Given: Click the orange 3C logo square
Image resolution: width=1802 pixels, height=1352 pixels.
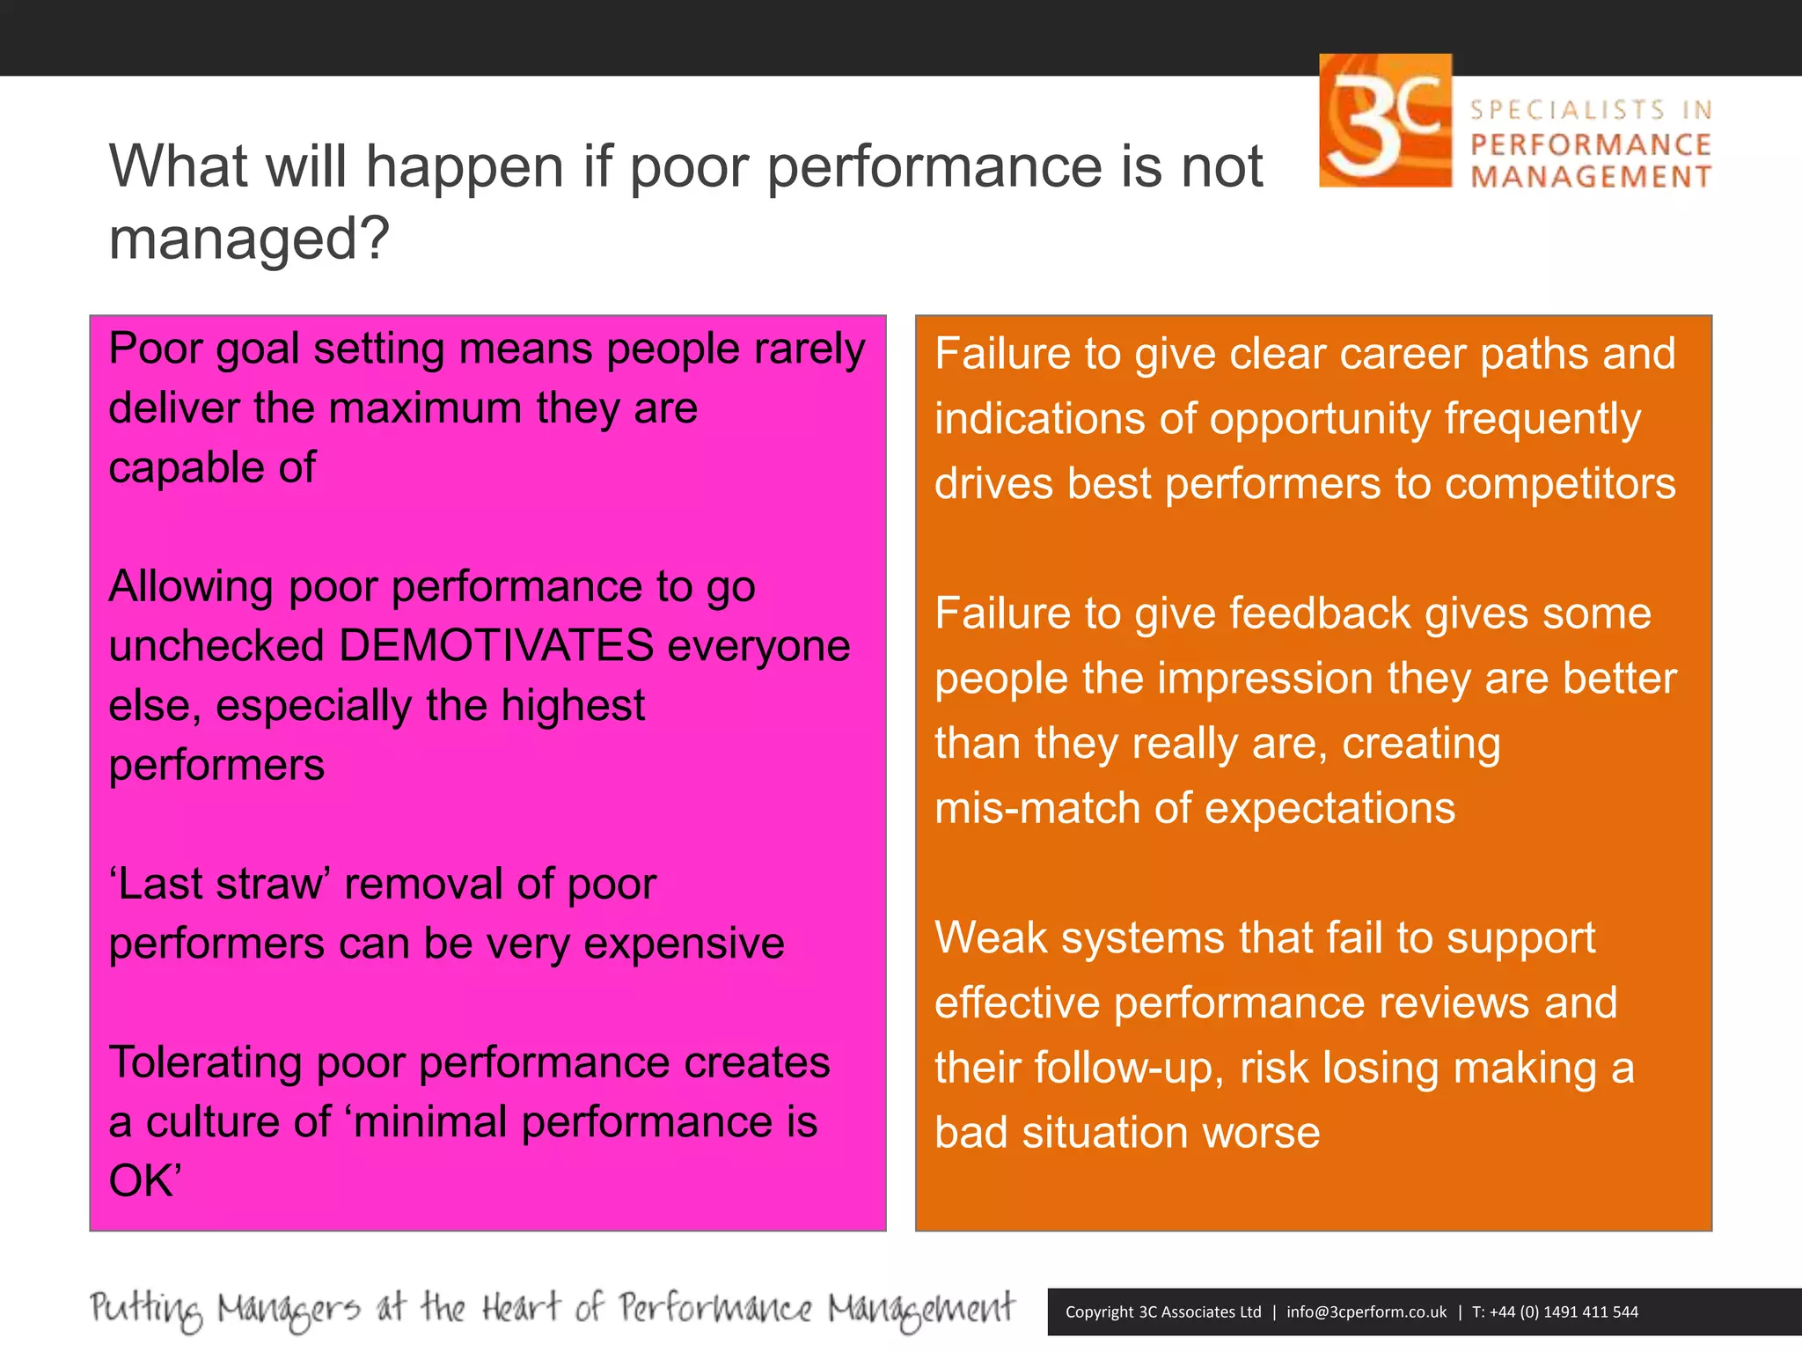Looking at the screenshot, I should pyautogui.click(x=1385, y=121).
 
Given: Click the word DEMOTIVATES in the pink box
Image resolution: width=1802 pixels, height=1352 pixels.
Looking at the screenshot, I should pyautogui.click(x=495, y=645).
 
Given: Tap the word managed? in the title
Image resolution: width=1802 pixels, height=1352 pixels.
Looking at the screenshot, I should pyautogui.click(x=248, y=239).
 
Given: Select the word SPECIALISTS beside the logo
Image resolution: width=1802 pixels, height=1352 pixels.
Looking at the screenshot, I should pyautogui.click(x=1568, y=110).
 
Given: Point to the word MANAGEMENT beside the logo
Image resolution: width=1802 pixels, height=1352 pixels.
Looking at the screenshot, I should pyautogui.click(x=1591, y=177).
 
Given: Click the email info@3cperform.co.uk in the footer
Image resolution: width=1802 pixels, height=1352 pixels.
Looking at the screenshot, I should pyautogui.click(x=1366, y=1312).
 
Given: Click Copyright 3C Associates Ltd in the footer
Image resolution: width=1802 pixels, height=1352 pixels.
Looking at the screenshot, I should pyautogui.click(x=1162, y=1312).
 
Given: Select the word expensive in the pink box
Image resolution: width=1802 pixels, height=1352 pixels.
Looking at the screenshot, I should pyautogui.click(x=684, y=944).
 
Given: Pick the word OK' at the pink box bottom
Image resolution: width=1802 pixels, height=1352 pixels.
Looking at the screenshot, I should pyautogui.click(x=144, y=1181).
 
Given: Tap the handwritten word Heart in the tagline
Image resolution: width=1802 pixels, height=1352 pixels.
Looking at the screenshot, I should pyautogui.click(x=520, y=1308).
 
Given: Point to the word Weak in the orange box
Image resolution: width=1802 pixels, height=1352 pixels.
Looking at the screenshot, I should pyautogui.click(x=991, y=937).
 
